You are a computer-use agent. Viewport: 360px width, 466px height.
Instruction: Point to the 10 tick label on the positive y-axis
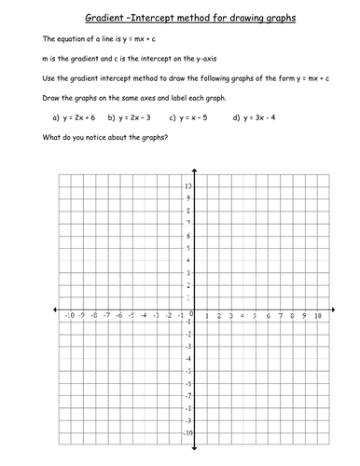pyautogui.click(x=187, y=186)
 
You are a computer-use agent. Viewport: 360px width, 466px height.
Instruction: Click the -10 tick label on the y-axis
pyautogui.click(x=187, y=434)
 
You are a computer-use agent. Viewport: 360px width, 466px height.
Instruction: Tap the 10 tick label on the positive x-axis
pyautogui.click(x=318, y=317)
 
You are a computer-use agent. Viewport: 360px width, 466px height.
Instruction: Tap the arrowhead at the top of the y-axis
pyautogui.click(x=194, y=172)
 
